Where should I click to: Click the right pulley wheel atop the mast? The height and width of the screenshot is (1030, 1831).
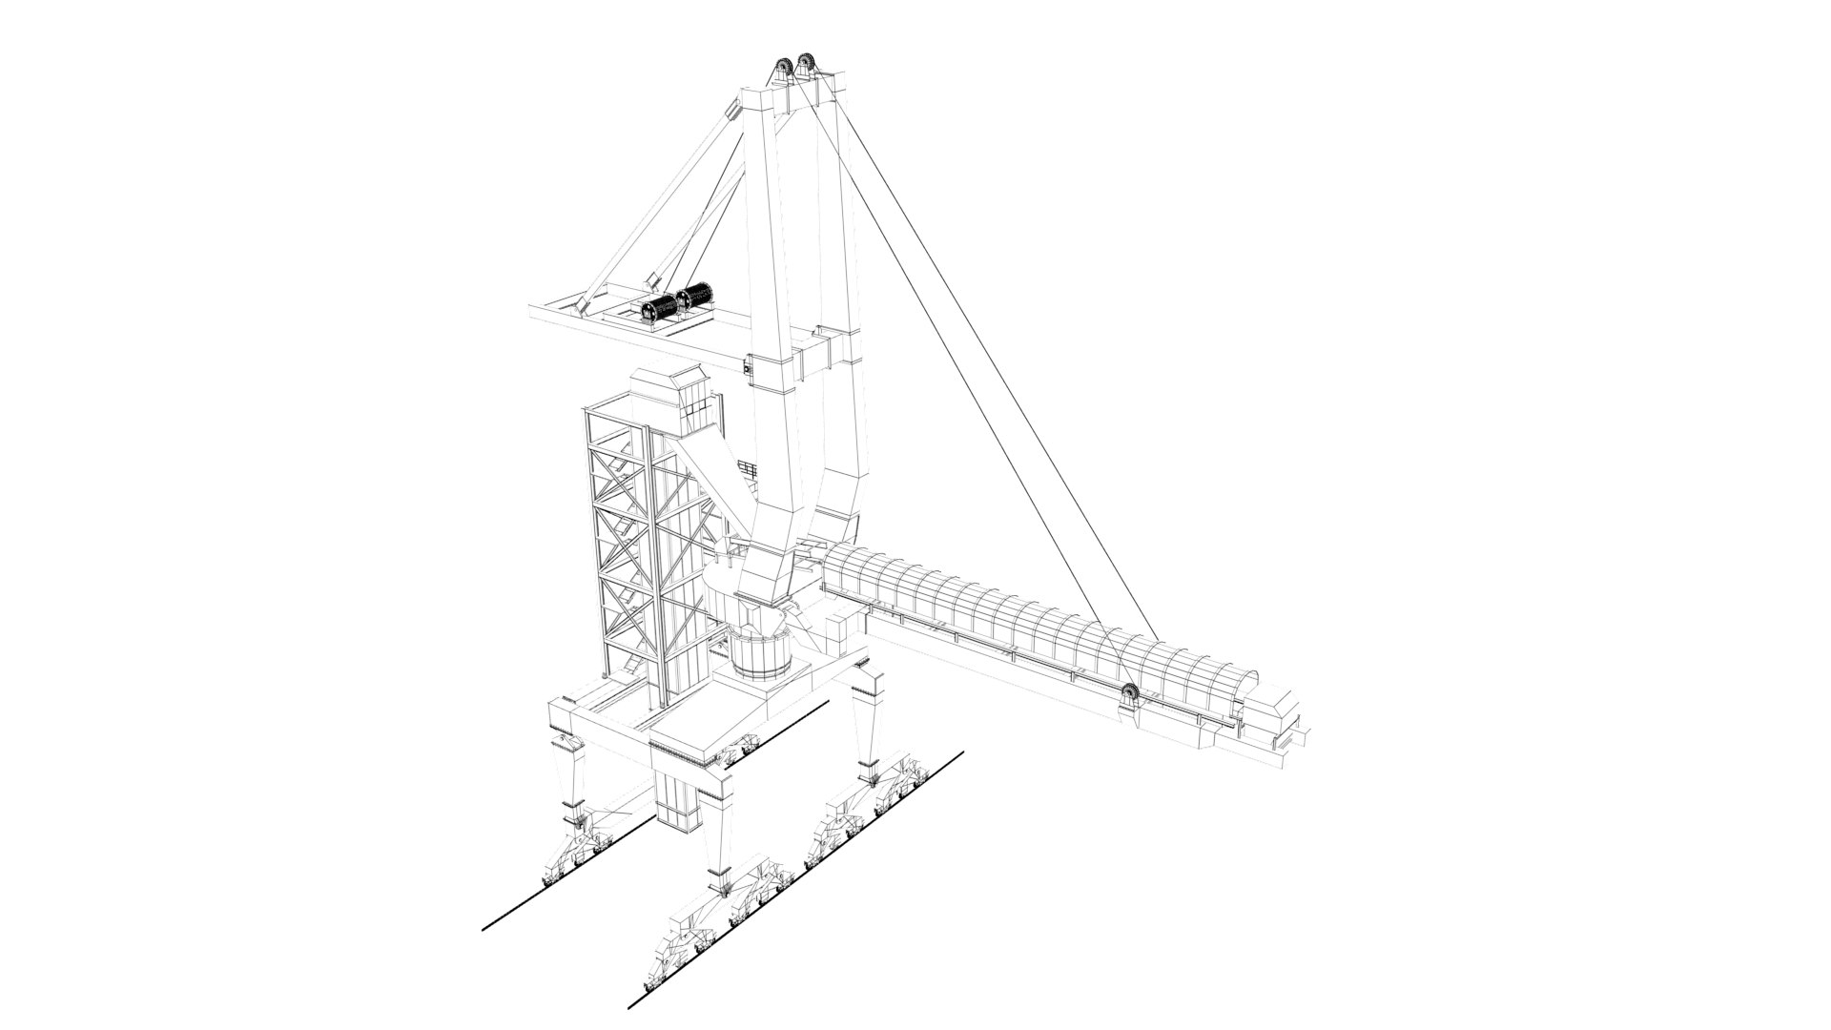tap(810, 65)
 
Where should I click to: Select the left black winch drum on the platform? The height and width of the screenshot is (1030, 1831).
tap(659, 307)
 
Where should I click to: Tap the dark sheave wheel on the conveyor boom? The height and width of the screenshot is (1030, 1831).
tap(1131, 693)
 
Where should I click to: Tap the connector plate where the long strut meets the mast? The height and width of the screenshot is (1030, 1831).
tap(733, 112)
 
